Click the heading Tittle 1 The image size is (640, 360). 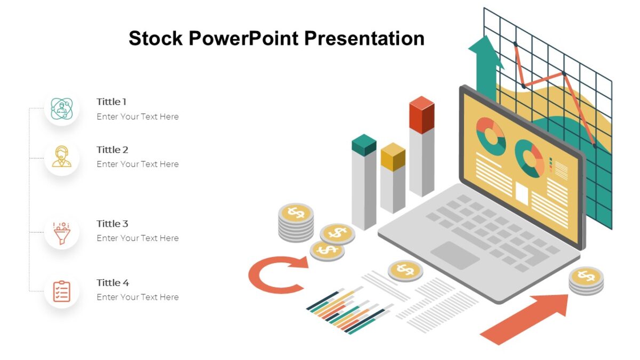pos(111,102)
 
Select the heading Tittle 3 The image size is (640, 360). pos(112,224)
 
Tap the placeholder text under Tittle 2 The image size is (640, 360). pos(138,164)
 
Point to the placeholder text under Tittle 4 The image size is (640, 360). pos(138,297)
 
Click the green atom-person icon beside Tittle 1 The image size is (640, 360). pos(62,108)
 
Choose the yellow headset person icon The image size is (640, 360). pos(62,157)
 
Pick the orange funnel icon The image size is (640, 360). pos(62,233)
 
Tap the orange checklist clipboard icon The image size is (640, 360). pos(62,291)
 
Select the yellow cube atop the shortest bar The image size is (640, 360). pos(393,156)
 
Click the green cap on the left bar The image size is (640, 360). pos(364,145)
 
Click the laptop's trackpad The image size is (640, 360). pos(455,255)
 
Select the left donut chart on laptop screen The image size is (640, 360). pos(491,136)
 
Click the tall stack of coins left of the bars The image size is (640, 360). pos(296,221)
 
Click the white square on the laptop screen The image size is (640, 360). pos(521,194)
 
